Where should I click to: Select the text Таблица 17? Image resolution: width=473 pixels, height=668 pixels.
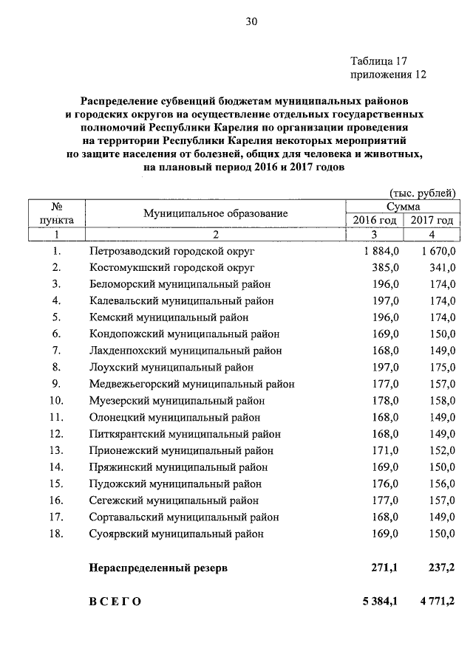click(378, 61)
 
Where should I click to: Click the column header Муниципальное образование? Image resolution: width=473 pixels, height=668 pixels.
click(215, 213)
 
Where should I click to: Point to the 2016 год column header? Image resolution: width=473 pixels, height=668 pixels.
click(374, 220)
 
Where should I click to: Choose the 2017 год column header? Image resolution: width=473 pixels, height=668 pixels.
click(432, 220)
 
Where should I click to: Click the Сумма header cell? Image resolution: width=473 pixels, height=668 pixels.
click(403, 207)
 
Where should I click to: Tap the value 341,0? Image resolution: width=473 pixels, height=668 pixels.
click(443, 267)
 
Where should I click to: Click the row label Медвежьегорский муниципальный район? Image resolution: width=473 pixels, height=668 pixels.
click(192, 384)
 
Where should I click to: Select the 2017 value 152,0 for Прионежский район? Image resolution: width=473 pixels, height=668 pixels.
click(443, 450)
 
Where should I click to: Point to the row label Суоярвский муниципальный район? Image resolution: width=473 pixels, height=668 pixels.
click(176, 533)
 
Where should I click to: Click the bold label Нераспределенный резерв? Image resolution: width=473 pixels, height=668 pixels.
click(159, 568)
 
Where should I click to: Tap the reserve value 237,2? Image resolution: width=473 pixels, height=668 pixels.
click(441, 568)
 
